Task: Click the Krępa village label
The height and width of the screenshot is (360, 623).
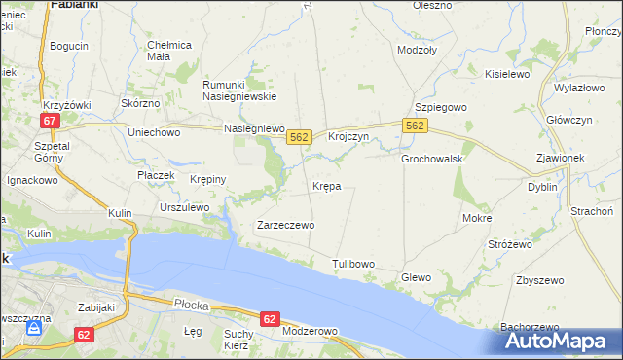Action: (x=326, y=186)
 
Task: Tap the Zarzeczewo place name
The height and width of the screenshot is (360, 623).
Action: (x=284, y=225)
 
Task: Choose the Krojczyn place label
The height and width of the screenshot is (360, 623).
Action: (x=348, y=137)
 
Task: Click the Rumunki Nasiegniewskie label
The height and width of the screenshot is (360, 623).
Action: (x=239, y=90)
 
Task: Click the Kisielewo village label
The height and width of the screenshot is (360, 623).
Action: (x=506, y=74)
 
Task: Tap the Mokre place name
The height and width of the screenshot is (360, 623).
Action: (x=477, y=219)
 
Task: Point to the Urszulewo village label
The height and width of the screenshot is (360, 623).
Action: (x=185, y=207)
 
